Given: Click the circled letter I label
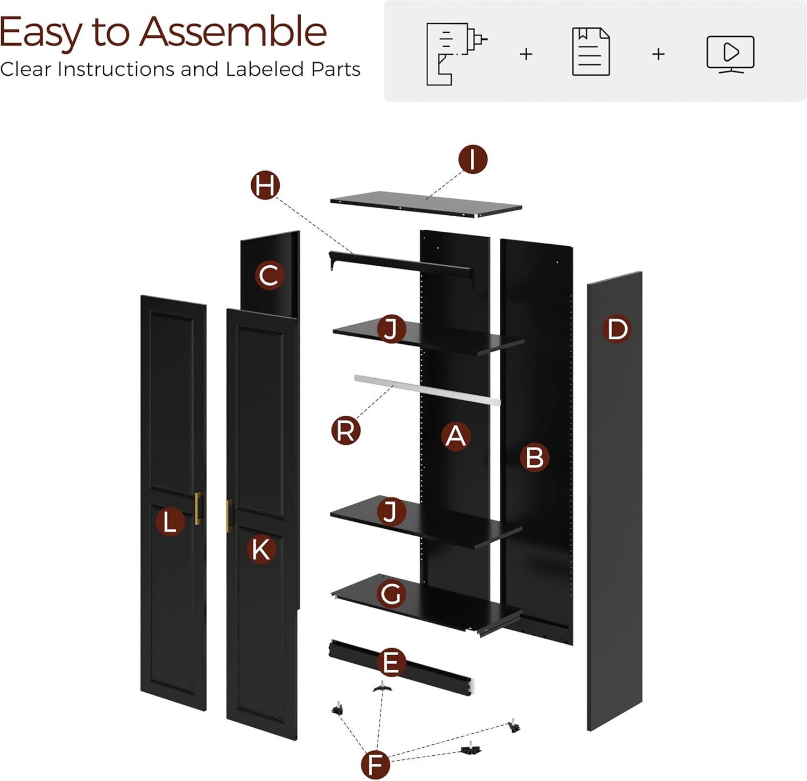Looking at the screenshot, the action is pyautogui.click(x=473, y=159).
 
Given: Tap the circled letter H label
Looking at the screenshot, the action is pyautogui.click(x=266, y=186).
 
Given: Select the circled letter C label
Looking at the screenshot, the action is pyautogui.click(x=269, y=275).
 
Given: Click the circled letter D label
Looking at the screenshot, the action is pyautogui.click(x=617, y=329).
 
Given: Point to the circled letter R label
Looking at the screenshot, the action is pyautogui.click(x=345, y=431).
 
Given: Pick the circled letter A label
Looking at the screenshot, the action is pyautogui.click(x=456, y=436).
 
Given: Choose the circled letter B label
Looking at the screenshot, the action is pyautogui.click(x=534, y=458).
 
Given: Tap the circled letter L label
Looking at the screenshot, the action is pyautogui.click(x=170, y=522).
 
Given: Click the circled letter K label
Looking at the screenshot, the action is pyautogui.click(x=261, y=550).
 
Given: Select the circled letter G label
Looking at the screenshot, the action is pyautogui.click(x=391, y=594).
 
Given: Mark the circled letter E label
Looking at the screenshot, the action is pyautogui.click(x=391, y=663).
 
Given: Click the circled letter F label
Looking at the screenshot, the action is pyautogui.click(x=375, y=764).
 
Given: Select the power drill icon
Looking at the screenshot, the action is pyautogui.click(x=456, y=54).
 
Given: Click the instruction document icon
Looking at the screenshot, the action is pyautogui.click(x=591, y=52).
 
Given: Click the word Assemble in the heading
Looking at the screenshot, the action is pyautogui.click(x=233, y=32).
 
